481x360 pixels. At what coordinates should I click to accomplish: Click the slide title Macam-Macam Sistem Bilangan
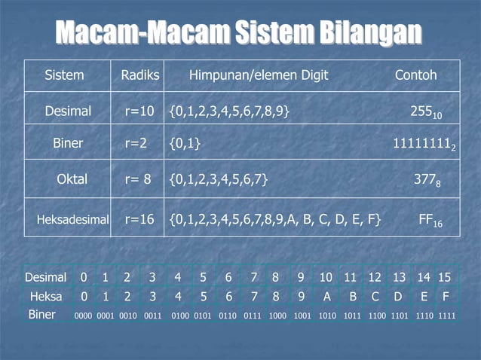tap(238, 32)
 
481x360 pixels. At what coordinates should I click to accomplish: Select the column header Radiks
tap(140, 76)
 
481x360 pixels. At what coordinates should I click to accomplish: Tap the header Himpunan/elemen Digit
tap(258, 76)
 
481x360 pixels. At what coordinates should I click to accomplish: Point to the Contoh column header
tap(415, 76)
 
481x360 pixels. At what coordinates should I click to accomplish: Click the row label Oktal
tap(72, 179)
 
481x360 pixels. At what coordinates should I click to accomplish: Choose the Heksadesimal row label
tap(73, 220)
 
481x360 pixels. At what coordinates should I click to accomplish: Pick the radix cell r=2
tap(136, 143)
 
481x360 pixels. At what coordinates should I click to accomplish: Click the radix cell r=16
tap(139, 219)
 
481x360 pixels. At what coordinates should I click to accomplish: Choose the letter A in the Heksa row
tap(326, 297)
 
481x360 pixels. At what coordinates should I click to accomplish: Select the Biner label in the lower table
tap(41, 315)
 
